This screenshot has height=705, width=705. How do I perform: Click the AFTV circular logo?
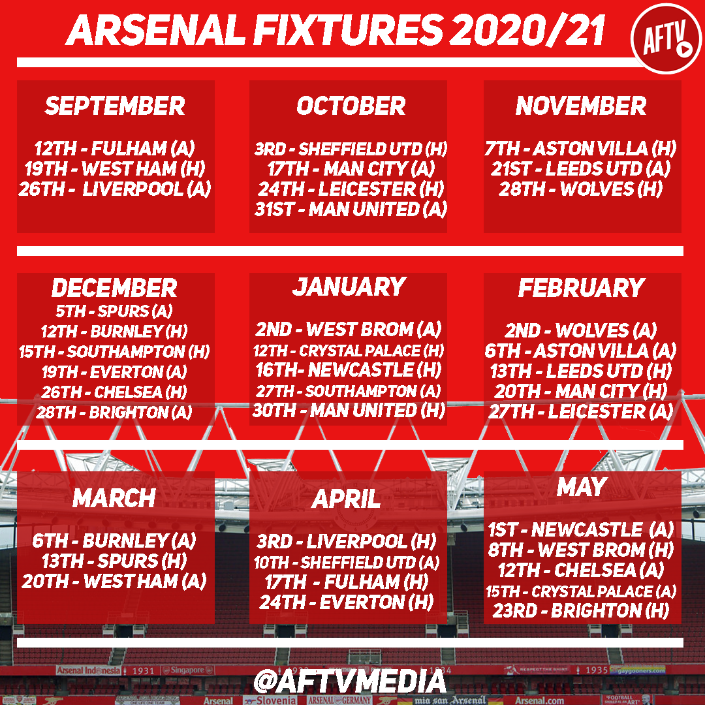coord(666,39)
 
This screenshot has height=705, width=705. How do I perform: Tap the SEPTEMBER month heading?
coord(115,106)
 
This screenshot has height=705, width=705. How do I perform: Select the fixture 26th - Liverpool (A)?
coord(115,189)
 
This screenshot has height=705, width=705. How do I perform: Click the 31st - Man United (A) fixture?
coord(351,209)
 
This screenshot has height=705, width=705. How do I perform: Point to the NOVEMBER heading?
coord(581,106)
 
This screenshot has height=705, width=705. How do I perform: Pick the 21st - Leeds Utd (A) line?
coord(581,168)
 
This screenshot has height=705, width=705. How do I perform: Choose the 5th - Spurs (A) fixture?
coord(114,311)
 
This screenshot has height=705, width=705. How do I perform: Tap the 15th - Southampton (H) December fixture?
coord(114,351)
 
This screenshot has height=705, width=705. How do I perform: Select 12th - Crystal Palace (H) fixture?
coord(349,351)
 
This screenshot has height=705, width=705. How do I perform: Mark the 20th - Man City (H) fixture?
coord(581,391)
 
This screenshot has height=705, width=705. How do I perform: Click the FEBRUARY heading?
coord(582,288)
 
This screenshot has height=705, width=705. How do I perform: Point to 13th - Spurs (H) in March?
coord(114,561)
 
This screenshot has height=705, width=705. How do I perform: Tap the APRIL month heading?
coord(346,499)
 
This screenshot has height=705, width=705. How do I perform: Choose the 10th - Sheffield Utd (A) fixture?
coord(347,562)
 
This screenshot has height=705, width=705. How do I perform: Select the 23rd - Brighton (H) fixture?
coord(581,610)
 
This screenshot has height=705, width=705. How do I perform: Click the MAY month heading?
coord(582,487)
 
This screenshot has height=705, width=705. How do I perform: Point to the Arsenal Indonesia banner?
coord(88,670)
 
